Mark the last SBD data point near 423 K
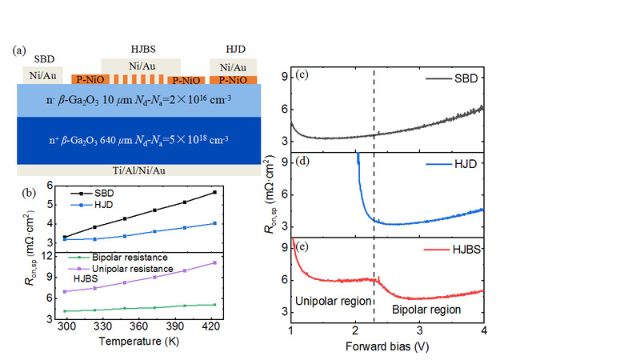(258, 192)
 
